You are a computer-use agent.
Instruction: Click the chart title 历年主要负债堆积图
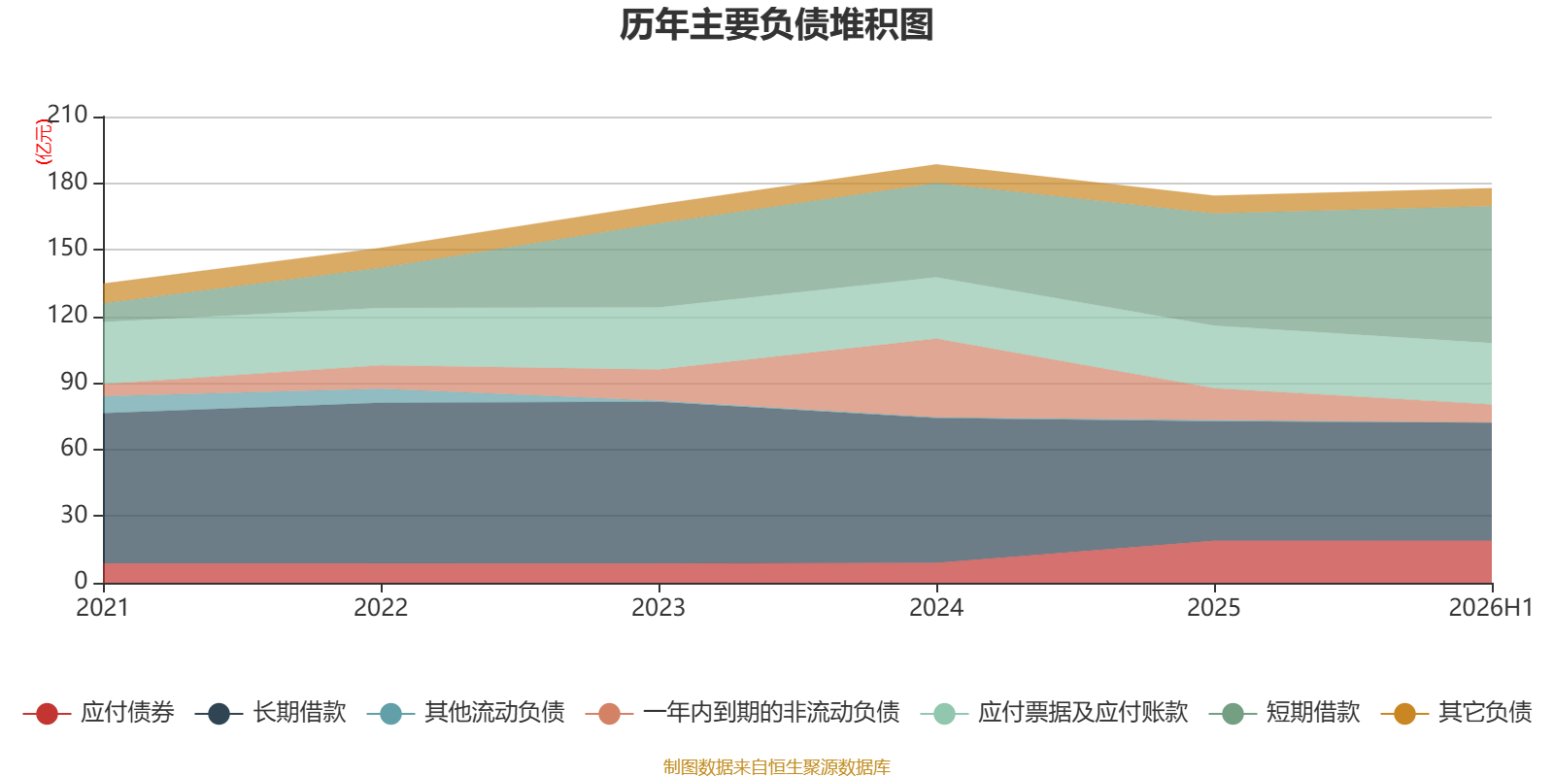point(776,25)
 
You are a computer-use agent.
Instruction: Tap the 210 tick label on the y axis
point(67,115)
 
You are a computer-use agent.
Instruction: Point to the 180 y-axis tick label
point(67,182)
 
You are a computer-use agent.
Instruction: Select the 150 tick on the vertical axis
point(67,248)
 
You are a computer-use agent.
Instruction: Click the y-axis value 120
point(67,315)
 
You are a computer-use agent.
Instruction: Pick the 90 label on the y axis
point(74,382)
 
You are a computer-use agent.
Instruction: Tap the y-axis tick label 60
point(74,448)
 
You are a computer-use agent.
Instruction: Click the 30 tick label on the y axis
point(74,515)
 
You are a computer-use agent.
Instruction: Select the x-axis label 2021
point(103,608)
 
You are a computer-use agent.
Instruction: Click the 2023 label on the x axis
point(659,608)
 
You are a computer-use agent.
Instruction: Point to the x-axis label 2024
point(936,608)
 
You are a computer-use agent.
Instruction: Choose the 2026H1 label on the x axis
point(1491,608)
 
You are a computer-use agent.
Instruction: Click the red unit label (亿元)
point(43,142)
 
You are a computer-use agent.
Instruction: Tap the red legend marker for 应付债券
point(47,714)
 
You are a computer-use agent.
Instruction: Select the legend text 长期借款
point(299,713)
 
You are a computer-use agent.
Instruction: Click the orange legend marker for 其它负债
point(1404,714)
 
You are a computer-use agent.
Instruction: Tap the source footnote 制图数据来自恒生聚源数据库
point(776,766)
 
